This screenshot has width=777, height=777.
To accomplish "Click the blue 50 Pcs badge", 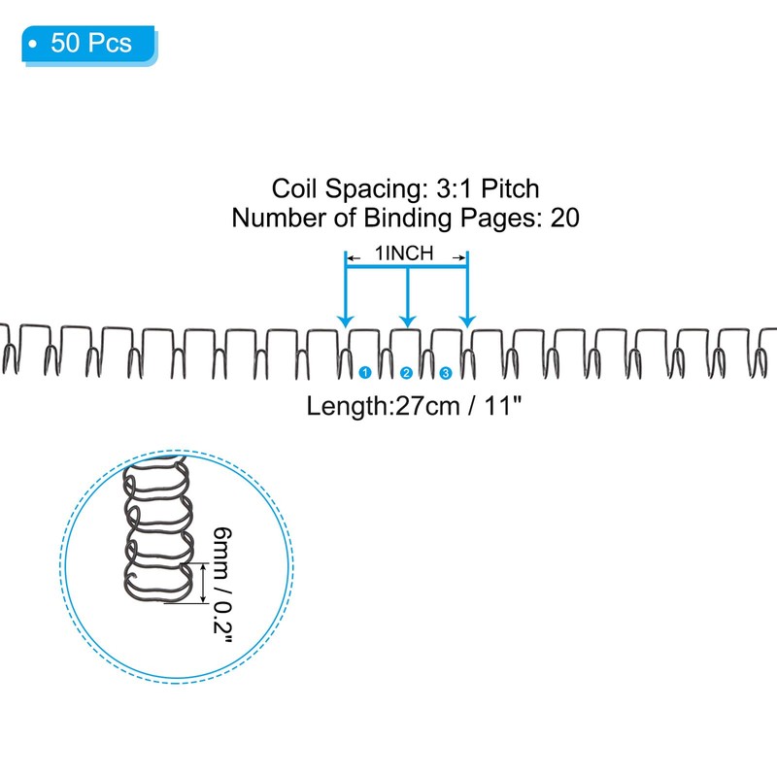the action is (89, 45).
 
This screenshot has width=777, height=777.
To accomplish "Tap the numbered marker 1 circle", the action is (365, 372).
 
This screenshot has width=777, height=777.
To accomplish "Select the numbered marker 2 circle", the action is (406, 373).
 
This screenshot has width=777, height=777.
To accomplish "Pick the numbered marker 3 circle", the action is (446, 373).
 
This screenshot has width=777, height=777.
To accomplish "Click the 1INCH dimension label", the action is (404, 253).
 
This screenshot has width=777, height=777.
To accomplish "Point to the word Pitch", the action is (510, 188).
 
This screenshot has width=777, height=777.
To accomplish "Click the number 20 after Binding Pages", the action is (565, 218).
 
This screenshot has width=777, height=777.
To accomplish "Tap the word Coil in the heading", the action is (293, 188).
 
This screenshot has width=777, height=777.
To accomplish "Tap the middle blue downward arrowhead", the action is (407, 321).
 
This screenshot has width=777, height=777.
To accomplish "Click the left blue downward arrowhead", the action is (346, 321).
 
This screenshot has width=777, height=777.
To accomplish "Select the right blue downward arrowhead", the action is (467, 321).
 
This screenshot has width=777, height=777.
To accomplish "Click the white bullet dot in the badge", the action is (33, 44).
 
